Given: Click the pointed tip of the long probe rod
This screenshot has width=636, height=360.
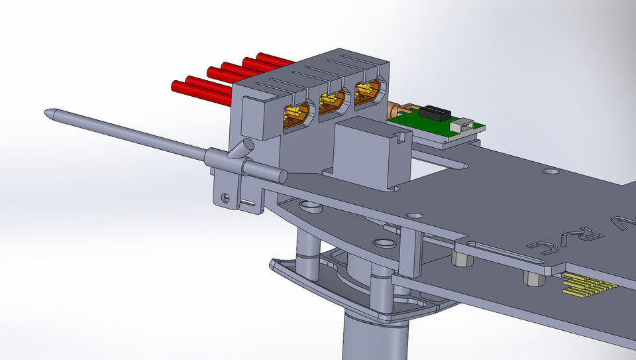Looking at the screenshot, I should (x=48, y=113).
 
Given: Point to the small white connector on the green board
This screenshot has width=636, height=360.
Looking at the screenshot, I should (x=464, y=124).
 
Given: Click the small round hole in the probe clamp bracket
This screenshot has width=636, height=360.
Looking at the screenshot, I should (x=226, y=196).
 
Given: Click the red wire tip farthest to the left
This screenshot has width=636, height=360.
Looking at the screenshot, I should (x=176, y=86).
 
